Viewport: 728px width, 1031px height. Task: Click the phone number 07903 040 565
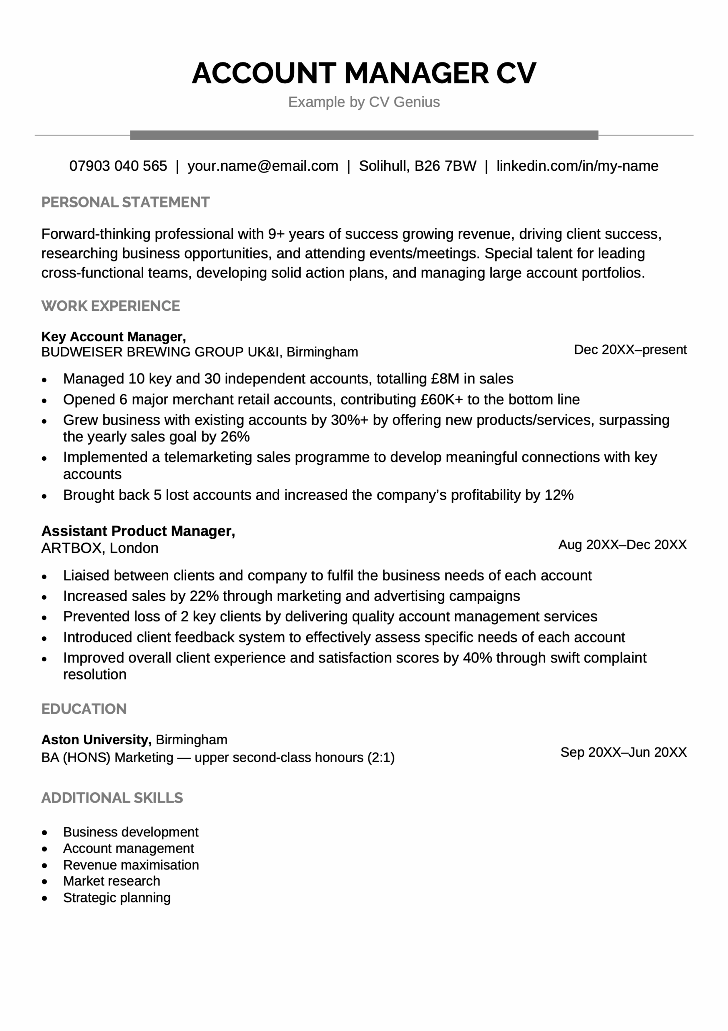118,166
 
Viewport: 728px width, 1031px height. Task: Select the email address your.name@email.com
262,166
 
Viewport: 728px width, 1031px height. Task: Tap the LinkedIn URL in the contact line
577,166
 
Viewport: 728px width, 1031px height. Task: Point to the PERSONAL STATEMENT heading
125,203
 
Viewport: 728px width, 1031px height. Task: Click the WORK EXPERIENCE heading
110,306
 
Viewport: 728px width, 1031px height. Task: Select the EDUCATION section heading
84,709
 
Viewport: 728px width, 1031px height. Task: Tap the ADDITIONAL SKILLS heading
112,798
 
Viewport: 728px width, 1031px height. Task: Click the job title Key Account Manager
113,337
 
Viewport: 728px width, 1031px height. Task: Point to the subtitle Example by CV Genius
364,102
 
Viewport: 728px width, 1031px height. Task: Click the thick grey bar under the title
364,135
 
